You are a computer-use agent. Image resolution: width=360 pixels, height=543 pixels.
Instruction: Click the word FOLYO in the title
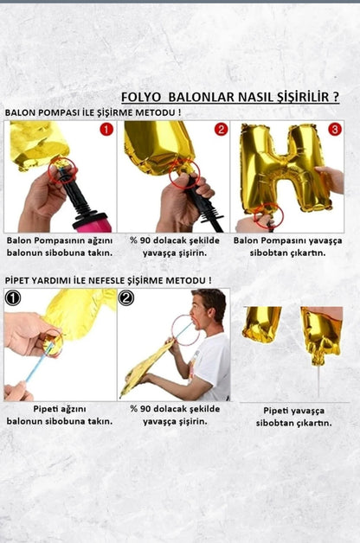pyautogui.click(x=141, y=97)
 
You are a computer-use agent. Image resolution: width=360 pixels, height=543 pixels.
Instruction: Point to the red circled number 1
pyautogui.click(x=106, y=130)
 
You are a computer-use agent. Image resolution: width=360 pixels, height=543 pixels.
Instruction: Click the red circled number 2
pyautogui.click(x=221, y=130)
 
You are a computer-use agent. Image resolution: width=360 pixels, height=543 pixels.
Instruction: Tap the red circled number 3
pyautogui.click(x=335, y=130)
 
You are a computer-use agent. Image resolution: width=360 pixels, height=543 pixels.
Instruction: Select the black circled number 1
pyautogui.click(x=13, y=298)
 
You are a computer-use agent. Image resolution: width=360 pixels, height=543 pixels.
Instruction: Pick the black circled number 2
pyautogui.click(x=127, y=298)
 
